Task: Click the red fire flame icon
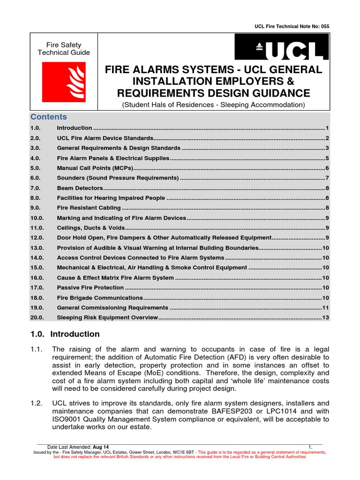pos(64,82)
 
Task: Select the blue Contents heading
pos(49,117)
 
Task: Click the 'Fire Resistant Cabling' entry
pos(89,208)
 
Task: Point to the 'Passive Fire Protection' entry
pos(90,287)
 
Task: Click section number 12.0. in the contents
pos(37,238)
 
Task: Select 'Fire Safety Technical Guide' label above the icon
pos(64,49)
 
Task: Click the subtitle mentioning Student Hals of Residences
pos(213,105)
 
